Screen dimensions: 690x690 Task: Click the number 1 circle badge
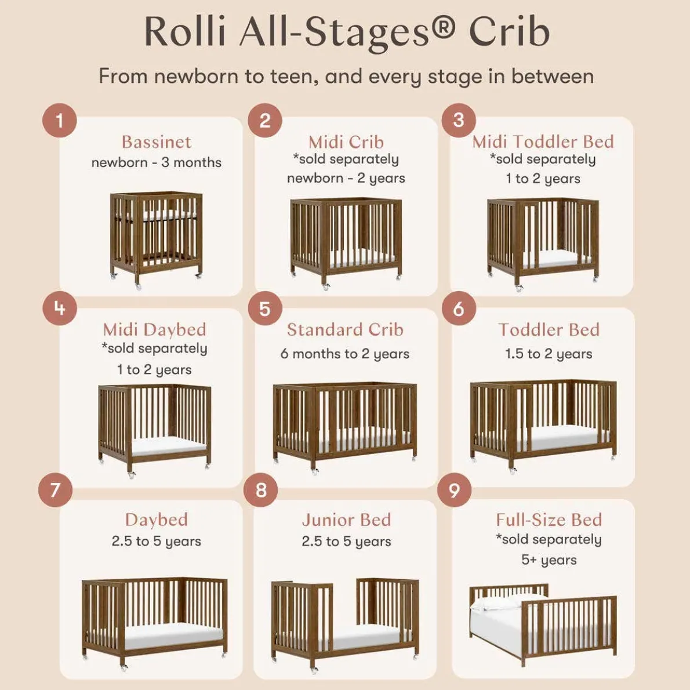[59, 121]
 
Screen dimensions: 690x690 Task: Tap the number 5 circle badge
[264, 308]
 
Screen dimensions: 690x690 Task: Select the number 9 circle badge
[454, 491]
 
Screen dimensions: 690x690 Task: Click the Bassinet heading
[156, 142]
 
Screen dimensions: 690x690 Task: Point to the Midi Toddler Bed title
[543, 141]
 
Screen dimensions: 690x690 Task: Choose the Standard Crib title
[345, 329]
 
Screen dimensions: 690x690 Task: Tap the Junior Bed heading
[346, 520]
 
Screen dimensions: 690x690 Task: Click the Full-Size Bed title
[549, 520]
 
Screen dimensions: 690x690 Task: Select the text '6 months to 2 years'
[345, 354]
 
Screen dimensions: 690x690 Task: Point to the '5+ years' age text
[549, 560]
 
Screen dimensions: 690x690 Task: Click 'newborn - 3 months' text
[156, 162]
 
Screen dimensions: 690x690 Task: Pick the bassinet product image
[156, 238]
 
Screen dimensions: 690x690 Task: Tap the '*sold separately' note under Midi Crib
[346, 159]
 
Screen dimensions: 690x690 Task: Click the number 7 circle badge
[55, 491]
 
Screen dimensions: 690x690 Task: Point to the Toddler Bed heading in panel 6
[549, 329]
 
